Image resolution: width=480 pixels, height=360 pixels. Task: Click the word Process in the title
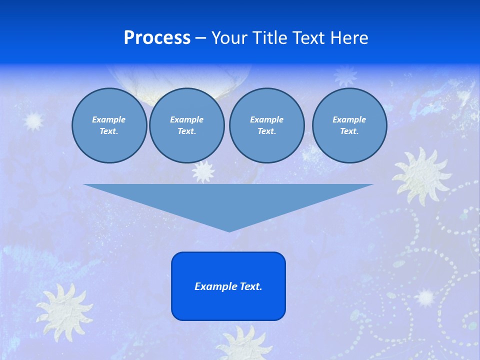click(x=157, y=38)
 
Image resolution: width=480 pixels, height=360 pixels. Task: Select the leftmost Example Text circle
click(x=109, y=125)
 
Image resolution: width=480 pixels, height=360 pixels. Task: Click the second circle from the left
click(x=186, y=125)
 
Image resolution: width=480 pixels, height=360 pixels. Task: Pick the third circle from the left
click(x=266, y=125)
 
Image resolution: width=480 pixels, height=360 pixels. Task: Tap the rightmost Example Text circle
click(x=349, y=125)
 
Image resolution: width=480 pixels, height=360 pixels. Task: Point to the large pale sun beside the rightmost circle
click(x=421, y=175)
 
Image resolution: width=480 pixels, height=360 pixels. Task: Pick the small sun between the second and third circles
click(x=203, y=171)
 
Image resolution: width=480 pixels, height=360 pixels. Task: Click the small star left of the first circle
click(x=34, y=120)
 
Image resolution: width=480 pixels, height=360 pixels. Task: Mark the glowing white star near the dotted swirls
click(x=425, y=297)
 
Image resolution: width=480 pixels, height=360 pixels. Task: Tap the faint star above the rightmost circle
click(x=345, y=75)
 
